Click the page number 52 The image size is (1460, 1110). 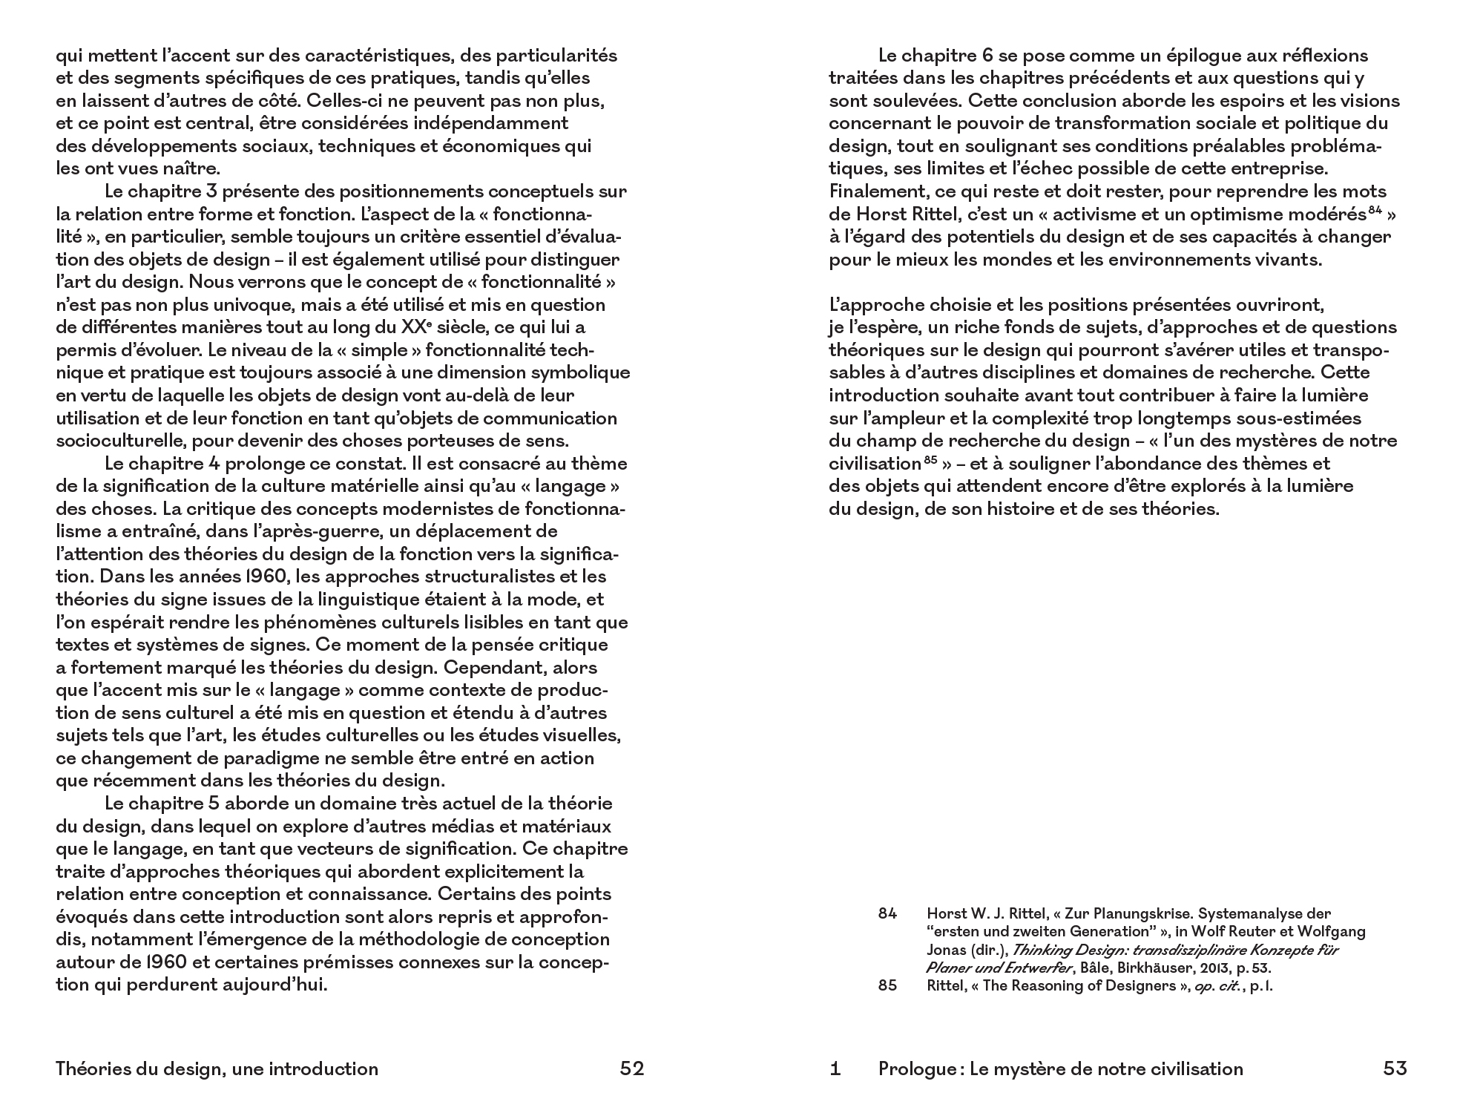tap(631, 1068)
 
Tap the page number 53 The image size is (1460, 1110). tap(1395, 1068)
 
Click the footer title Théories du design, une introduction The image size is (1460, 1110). tap(217, 1068)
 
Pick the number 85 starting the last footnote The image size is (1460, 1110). tap(887, 986)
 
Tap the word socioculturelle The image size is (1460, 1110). tap(120, 441)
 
